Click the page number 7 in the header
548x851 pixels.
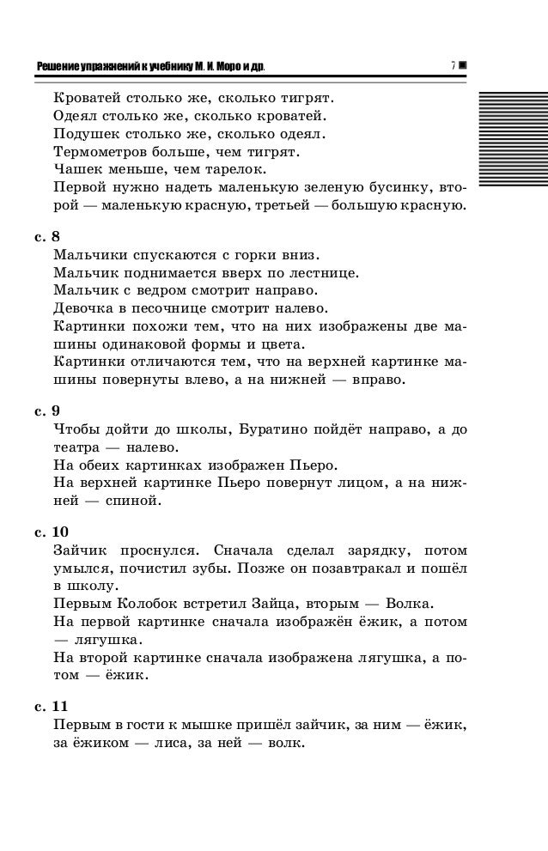click(x=452, y=66)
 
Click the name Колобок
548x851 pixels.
click(x=147, y=603)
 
